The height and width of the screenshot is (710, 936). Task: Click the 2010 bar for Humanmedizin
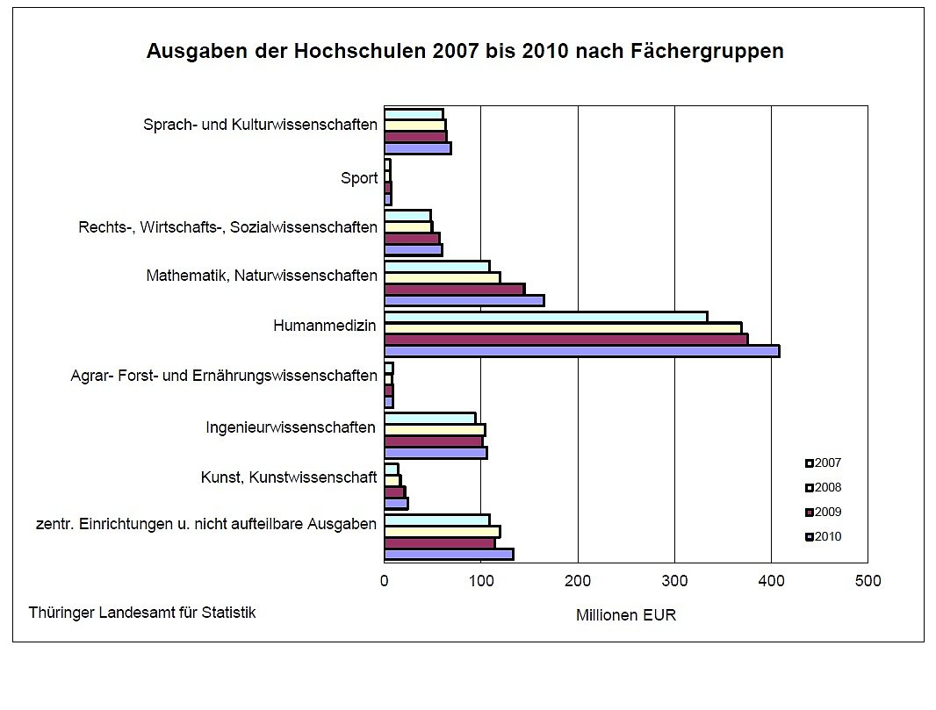581,351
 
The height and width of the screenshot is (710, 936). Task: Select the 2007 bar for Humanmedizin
545,317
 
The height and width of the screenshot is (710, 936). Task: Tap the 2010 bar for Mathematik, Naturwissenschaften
464,300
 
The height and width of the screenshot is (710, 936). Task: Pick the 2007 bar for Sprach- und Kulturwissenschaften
414,114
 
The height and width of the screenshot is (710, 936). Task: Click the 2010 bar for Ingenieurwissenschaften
436,453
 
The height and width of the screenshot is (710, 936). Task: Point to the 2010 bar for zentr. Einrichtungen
449,554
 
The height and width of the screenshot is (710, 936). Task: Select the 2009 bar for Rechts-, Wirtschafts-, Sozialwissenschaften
412,239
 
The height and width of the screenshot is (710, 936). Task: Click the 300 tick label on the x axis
674,580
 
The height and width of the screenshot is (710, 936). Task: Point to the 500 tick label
868,580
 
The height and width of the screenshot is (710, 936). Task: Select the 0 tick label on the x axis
385,580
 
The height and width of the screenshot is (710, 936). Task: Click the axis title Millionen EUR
626,615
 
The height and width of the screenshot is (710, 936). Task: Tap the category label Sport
359,178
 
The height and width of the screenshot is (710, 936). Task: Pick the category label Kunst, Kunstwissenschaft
289,477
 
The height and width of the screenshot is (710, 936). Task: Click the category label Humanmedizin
325,326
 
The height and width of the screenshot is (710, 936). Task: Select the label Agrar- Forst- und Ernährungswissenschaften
224,376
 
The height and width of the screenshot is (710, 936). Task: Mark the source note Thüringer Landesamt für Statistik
142,613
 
